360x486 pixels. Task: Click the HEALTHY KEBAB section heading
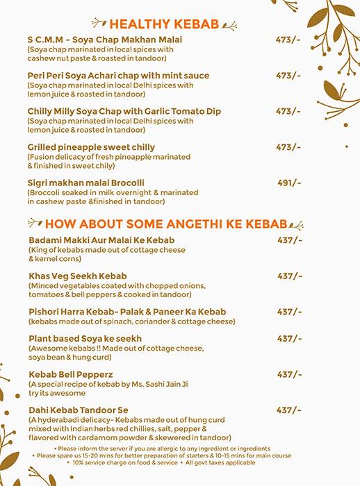(163, 24)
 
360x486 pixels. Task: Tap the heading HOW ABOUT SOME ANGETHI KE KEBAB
(165, 224)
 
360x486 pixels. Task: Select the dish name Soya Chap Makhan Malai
(105, 40)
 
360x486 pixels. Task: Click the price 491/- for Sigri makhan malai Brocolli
(288, 183)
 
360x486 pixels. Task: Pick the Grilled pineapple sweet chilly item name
(91, 147)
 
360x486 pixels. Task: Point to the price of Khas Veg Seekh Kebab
(290, 276)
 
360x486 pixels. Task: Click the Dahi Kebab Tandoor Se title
(79, 410)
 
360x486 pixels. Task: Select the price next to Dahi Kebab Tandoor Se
(288, 410)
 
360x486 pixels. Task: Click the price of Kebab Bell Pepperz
(290, 374)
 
